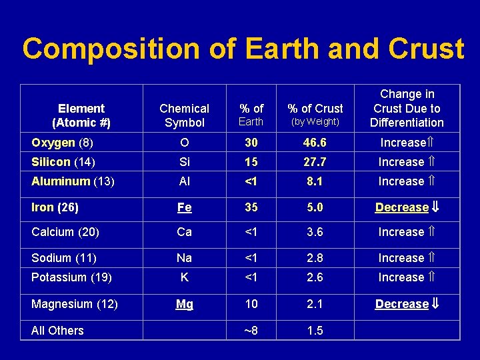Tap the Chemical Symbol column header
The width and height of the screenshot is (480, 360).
pos(185,115)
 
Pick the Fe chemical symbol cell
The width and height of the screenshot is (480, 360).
pos(185,207)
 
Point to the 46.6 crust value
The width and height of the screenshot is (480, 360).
pos(315,143)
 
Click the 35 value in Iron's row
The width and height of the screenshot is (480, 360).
pos(251,207)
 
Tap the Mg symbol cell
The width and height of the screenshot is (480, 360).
pos(185,304)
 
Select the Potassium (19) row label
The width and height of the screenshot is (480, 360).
pos(72,277)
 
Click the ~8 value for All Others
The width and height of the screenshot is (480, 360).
pos(251,331)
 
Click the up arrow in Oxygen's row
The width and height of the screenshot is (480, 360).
pos(430,143)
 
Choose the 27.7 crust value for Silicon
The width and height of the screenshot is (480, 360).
pos(315,162)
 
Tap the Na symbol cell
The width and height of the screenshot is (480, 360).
pos(185,258)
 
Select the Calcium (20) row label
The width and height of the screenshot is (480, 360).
pos(65,232)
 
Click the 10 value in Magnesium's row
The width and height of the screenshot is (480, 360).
pos(251,304)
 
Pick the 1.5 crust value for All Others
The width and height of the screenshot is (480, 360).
pos(315,331)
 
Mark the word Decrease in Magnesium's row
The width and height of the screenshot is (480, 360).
pos(401,304)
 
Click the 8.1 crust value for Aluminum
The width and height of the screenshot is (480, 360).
pos(315,181)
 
